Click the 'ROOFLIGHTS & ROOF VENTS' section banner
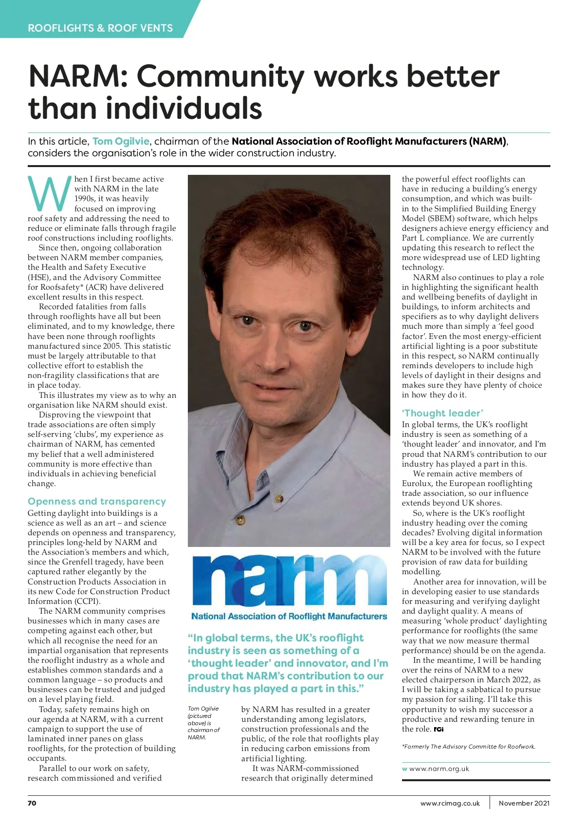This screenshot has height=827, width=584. coord(100,28)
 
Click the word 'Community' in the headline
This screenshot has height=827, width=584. coord(221,76)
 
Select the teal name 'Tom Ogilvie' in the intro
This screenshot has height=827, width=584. coord(121,141)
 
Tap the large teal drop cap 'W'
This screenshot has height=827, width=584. coord(49,193)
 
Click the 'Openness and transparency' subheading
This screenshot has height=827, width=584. coord(97,501)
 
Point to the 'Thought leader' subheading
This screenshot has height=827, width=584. coord(442,413)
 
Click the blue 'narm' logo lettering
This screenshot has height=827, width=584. coord(289,581)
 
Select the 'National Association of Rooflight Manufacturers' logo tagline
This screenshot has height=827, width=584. coord(289,616)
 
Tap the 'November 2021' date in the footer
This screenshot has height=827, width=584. coord(524,803)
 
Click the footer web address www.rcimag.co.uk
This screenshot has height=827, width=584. coord(450,803)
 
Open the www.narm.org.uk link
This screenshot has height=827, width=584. coord(439,769)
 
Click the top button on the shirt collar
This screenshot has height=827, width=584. coord(279,498)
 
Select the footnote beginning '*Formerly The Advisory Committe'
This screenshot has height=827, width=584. coord(468,746)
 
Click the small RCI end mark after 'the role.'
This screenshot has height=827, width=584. coord(438,729)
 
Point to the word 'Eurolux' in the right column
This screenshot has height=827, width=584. coord(417,483)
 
